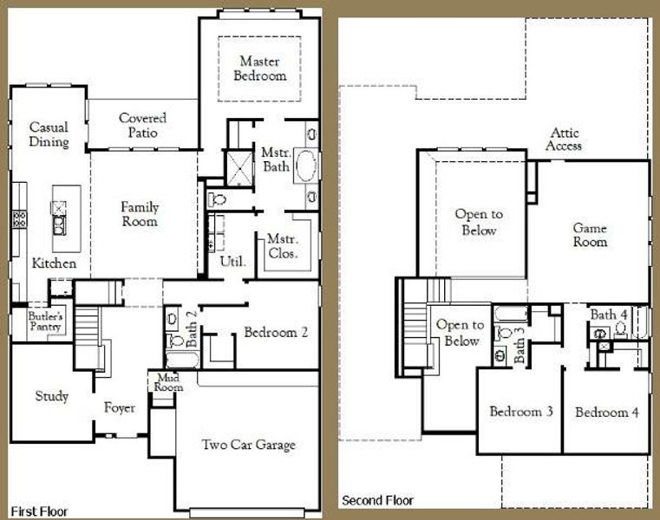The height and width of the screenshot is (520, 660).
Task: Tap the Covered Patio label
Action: click(x=143, y=125)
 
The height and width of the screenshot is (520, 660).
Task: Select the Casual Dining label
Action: click(x=49, y=134)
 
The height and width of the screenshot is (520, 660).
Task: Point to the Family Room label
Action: click(x=140, y=214)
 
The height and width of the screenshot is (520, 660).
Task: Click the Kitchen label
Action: click(x=55, y=263)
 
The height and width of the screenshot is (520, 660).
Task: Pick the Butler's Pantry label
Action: click(x=42, y=322)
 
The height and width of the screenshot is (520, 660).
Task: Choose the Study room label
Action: click(x=51, y=396)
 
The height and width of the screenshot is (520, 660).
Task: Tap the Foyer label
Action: click(x=120, y=407)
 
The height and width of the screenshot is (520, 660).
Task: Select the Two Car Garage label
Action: click(x=248, y=445)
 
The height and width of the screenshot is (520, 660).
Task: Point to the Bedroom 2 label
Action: click(x=276, y=332)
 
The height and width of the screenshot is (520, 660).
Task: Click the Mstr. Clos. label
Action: click(x=283, y=247)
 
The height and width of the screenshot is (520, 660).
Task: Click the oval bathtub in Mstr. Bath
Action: click(x=305, y=166)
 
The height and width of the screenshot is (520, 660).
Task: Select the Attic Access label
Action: click(x=565, y=140)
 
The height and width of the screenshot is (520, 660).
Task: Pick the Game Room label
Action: click(x=590, y=235)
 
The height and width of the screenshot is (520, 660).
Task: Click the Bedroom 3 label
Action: click(x=521, y=412)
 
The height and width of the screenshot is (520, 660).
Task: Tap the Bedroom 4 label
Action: click(x=607, y=413)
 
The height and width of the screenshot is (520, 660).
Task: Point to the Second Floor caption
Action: click(x=377, y=500)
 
